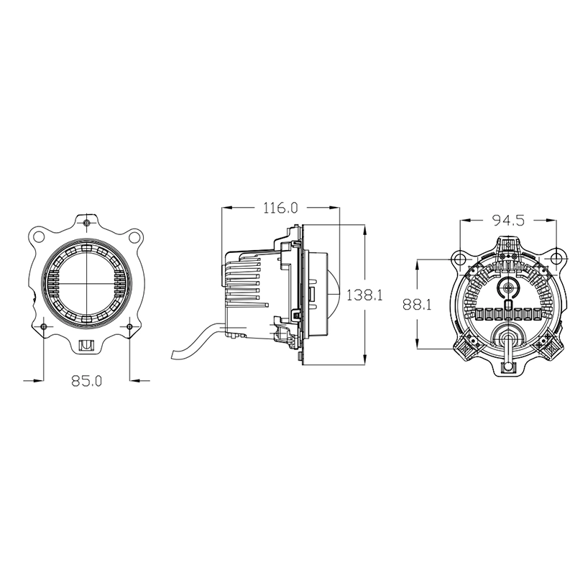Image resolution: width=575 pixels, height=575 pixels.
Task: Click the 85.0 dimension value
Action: (x=86, y=381)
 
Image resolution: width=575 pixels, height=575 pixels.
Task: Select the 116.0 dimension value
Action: (x=281, y=208)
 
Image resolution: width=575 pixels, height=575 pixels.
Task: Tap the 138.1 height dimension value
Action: (x=364, y=295)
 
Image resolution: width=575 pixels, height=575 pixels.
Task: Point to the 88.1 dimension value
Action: (x=417, y=304)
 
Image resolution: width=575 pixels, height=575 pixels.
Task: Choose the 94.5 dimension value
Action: (x=509, y=220)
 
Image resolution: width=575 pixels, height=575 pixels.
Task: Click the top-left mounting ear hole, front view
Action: (x=38, y=236)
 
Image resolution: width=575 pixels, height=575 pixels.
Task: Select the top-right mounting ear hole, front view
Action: (x=134, y=237)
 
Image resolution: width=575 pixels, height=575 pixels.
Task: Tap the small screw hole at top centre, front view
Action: (x=86, y=223)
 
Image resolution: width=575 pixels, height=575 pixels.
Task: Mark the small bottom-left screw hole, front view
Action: (x=44, y=326)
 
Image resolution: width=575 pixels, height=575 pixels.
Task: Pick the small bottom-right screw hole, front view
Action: (x=129, y=326)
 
